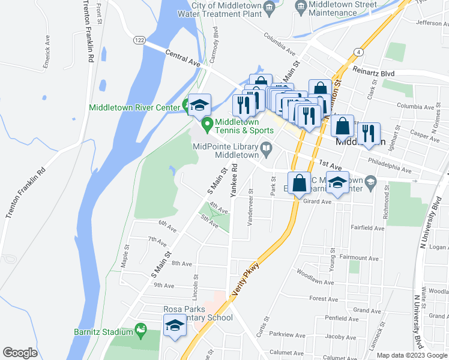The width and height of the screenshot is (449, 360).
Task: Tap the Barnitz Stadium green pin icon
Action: coord(140,329)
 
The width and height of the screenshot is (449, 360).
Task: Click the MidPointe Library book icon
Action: coord(265,148)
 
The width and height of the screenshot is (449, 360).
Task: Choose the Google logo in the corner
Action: coord(20,353)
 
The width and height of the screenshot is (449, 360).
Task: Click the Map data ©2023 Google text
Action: coord(412,355)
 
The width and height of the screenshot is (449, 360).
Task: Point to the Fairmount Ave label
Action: coord(359,259)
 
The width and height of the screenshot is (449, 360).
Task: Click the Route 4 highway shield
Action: coord(358,52)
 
